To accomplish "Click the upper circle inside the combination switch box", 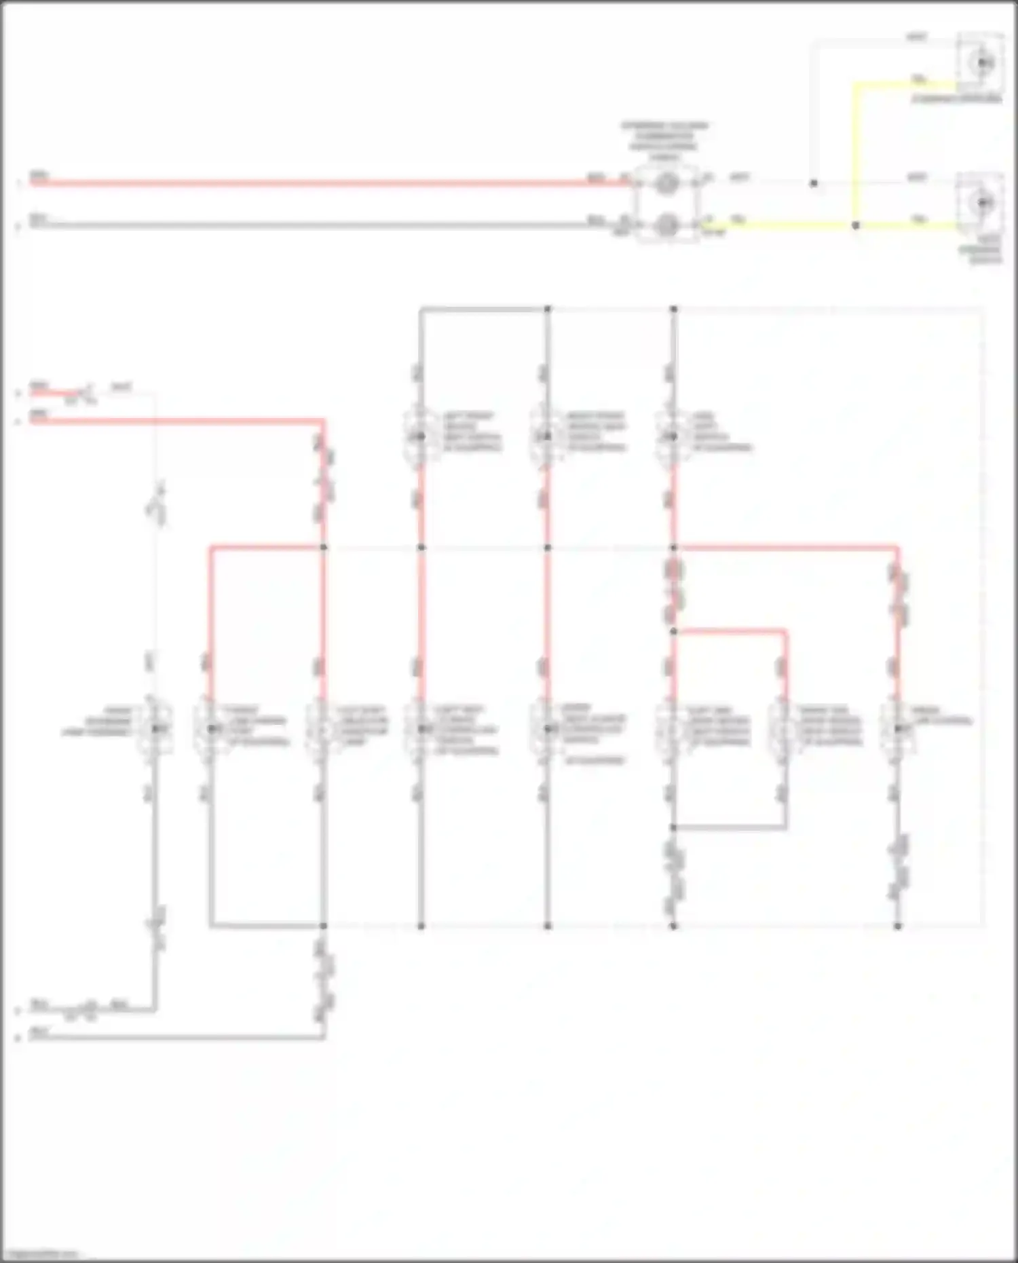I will [666, 183].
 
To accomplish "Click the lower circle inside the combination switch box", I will [666, 223].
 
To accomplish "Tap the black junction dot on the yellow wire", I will [855, 225].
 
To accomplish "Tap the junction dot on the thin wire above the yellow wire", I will [813, 183].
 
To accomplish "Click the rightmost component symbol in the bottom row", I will [898, 729].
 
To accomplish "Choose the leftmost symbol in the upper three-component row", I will [421, 436].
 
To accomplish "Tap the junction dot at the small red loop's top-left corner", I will [673, 631].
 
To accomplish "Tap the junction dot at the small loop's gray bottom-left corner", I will [673, 828].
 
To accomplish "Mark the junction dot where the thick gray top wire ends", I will [548, 309].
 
